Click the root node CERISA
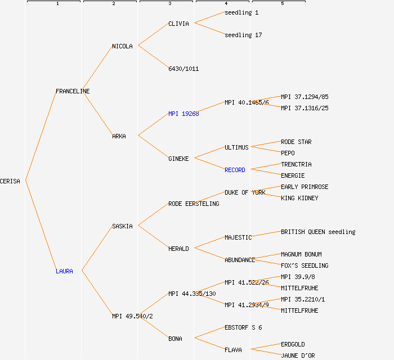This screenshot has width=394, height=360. (x=10, y=181)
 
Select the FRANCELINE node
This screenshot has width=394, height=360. (x=73, y=91)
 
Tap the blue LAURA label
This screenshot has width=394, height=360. (x=64, y=271)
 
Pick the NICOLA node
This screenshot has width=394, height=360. (x=122, y=46)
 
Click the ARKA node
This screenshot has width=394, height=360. (x=119, y=136)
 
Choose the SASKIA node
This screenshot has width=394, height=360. (x=122, y=226)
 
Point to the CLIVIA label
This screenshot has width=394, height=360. (x=178, y=24)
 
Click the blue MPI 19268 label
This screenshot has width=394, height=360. (x=183, y=114)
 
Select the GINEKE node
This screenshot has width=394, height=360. (x=178, y=159)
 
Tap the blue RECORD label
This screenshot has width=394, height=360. (x=235, y=170)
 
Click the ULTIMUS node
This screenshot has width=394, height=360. (x=236, y=147)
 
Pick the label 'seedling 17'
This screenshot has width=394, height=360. (x=243, y=35)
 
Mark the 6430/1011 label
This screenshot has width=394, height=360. (x=183, y=69)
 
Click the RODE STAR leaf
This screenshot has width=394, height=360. (x=296, y=142)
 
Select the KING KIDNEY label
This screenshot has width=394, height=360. (x=299, y=198)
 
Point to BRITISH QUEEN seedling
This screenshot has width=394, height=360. (x=318, y=232)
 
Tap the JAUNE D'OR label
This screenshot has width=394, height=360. (x=298, y=355)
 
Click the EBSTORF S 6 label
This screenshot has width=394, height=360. (x=243, y=327)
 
